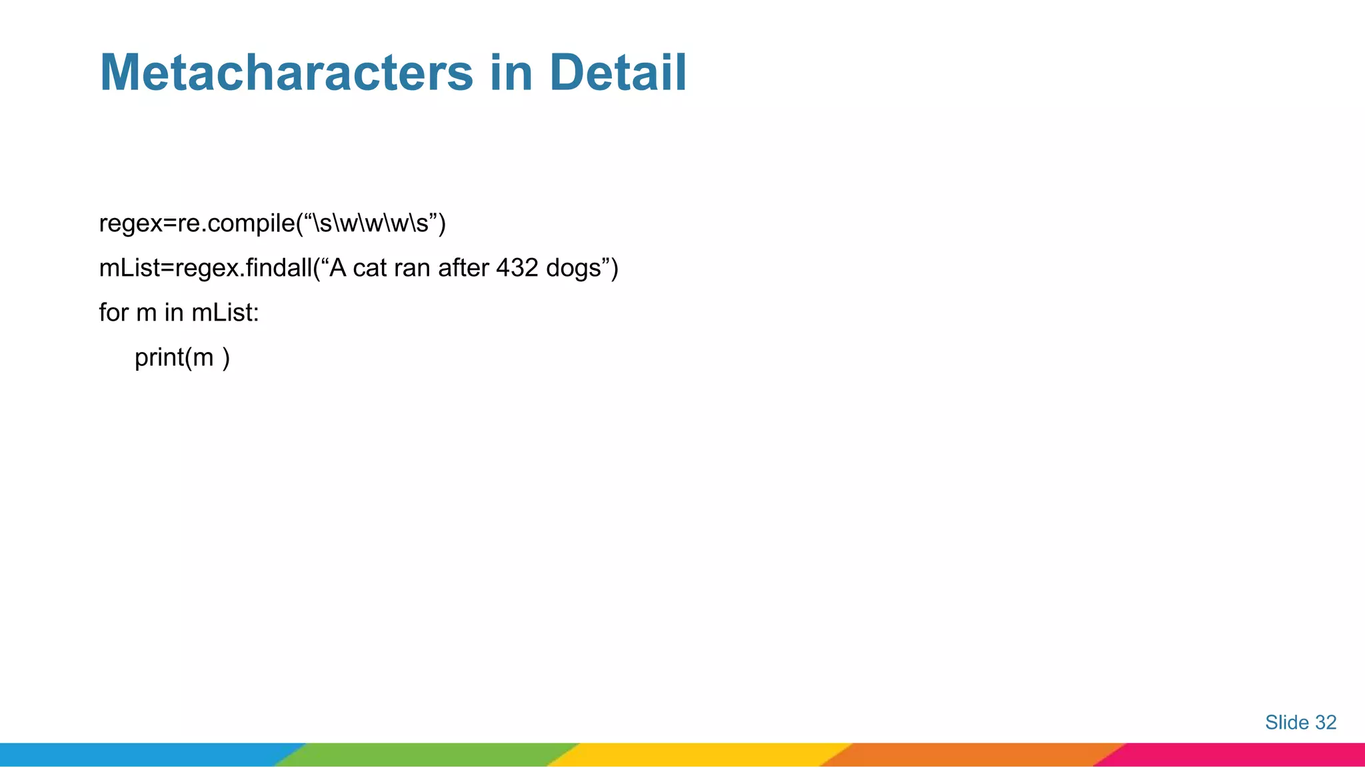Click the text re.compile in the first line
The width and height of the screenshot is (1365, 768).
235,223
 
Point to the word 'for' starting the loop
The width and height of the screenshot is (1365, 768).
113,313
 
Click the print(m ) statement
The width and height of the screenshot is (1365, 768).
182,358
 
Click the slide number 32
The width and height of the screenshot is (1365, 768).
1326,722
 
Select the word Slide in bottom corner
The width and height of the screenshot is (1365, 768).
1286,722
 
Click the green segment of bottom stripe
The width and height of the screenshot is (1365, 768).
427,755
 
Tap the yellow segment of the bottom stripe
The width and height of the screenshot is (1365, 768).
700,755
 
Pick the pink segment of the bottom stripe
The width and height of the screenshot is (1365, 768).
1240,755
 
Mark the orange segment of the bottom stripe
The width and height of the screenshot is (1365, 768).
973,755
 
